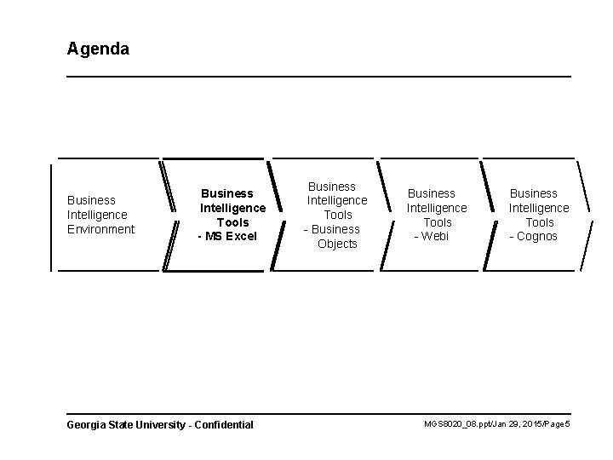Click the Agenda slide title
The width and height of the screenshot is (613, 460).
98,49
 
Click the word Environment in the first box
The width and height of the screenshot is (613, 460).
100,229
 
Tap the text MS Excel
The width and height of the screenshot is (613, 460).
231,236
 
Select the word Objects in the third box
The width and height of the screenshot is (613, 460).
337,244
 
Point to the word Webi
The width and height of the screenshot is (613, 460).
435,236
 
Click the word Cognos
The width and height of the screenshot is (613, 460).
537,236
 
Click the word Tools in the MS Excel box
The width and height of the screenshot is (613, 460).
232,222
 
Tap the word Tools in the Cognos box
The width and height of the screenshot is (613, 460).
540,222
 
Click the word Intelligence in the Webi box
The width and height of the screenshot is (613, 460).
437,208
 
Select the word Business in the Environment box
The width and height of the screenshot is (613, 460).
91,200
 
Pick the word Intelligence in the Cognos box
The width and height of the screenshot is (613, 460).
539,208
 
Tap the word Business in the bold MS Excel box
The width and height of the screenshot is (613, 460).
227,193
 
